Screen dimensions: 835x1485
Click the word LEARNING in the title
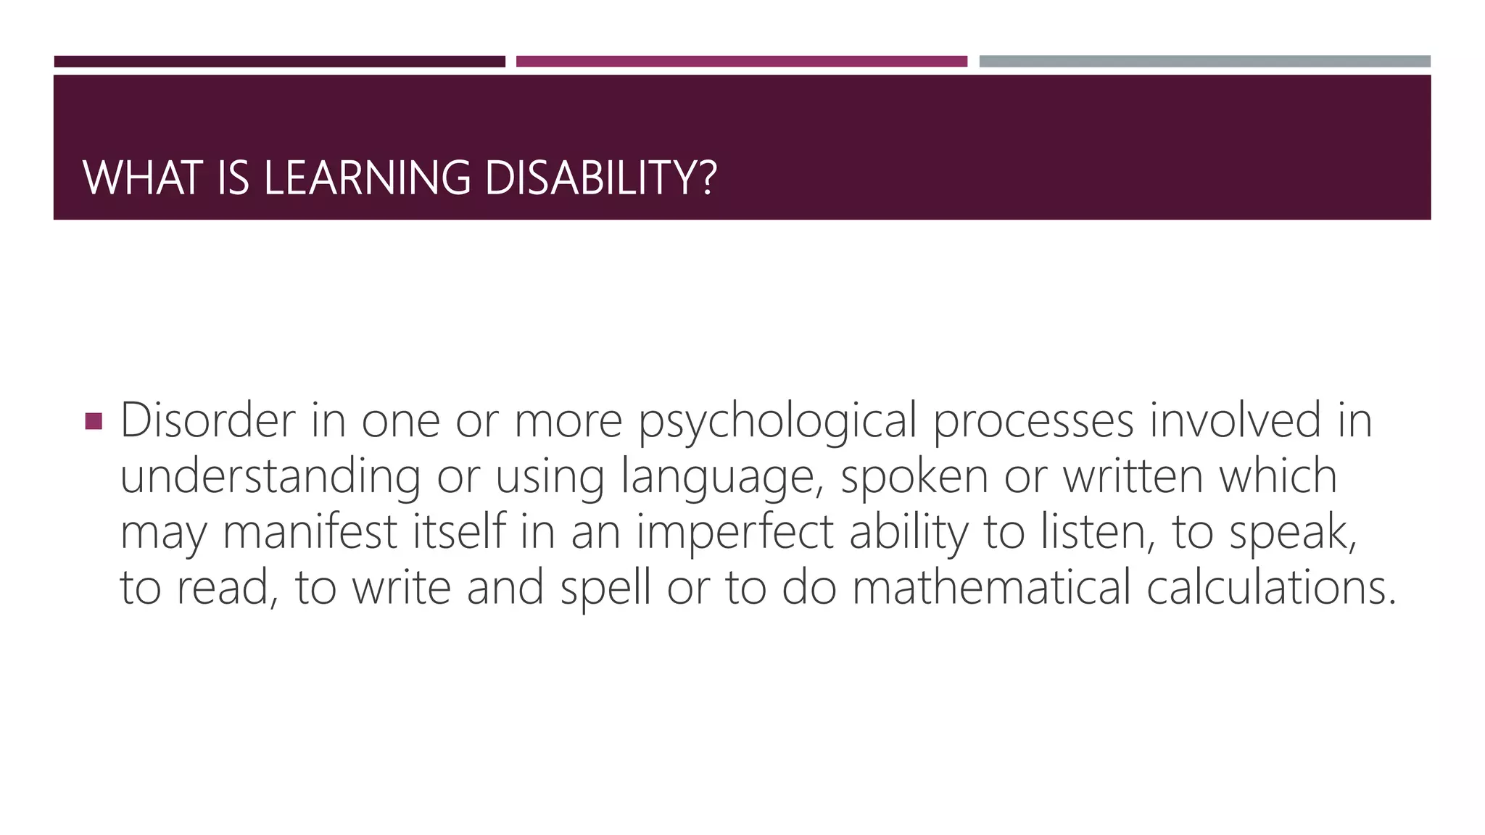coord(367,178)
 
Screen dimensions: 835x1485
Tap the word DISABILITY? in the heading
coord(600,178)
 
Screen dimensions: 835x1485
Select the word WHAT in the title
coord(142,178)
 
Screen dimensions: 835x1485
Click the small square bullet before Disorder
coord(94,421)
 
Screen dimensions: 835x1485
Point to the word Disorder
coord(208,420)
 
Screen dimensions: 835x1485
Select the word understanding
coord(270,478)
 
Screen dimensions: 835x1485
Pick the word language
coord(722,478)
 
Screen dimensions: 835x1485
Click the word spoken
coord(914,478)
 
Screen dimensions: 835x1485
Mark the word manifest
coord(310,531)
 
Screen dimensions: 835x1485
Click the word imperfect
coord(735,533)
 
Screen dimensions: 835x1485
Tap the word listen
coord(1098,531)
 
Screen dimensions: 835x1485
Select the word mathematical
coord(991,587)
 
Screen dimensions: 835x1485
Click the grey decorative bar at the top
coord(1204,62)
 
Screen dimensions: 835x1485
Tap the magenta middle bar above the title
coord(741,62)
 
